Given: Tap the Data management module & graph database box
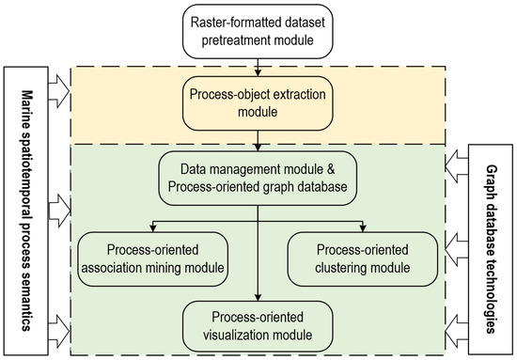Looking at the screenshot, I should point(258,176).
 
